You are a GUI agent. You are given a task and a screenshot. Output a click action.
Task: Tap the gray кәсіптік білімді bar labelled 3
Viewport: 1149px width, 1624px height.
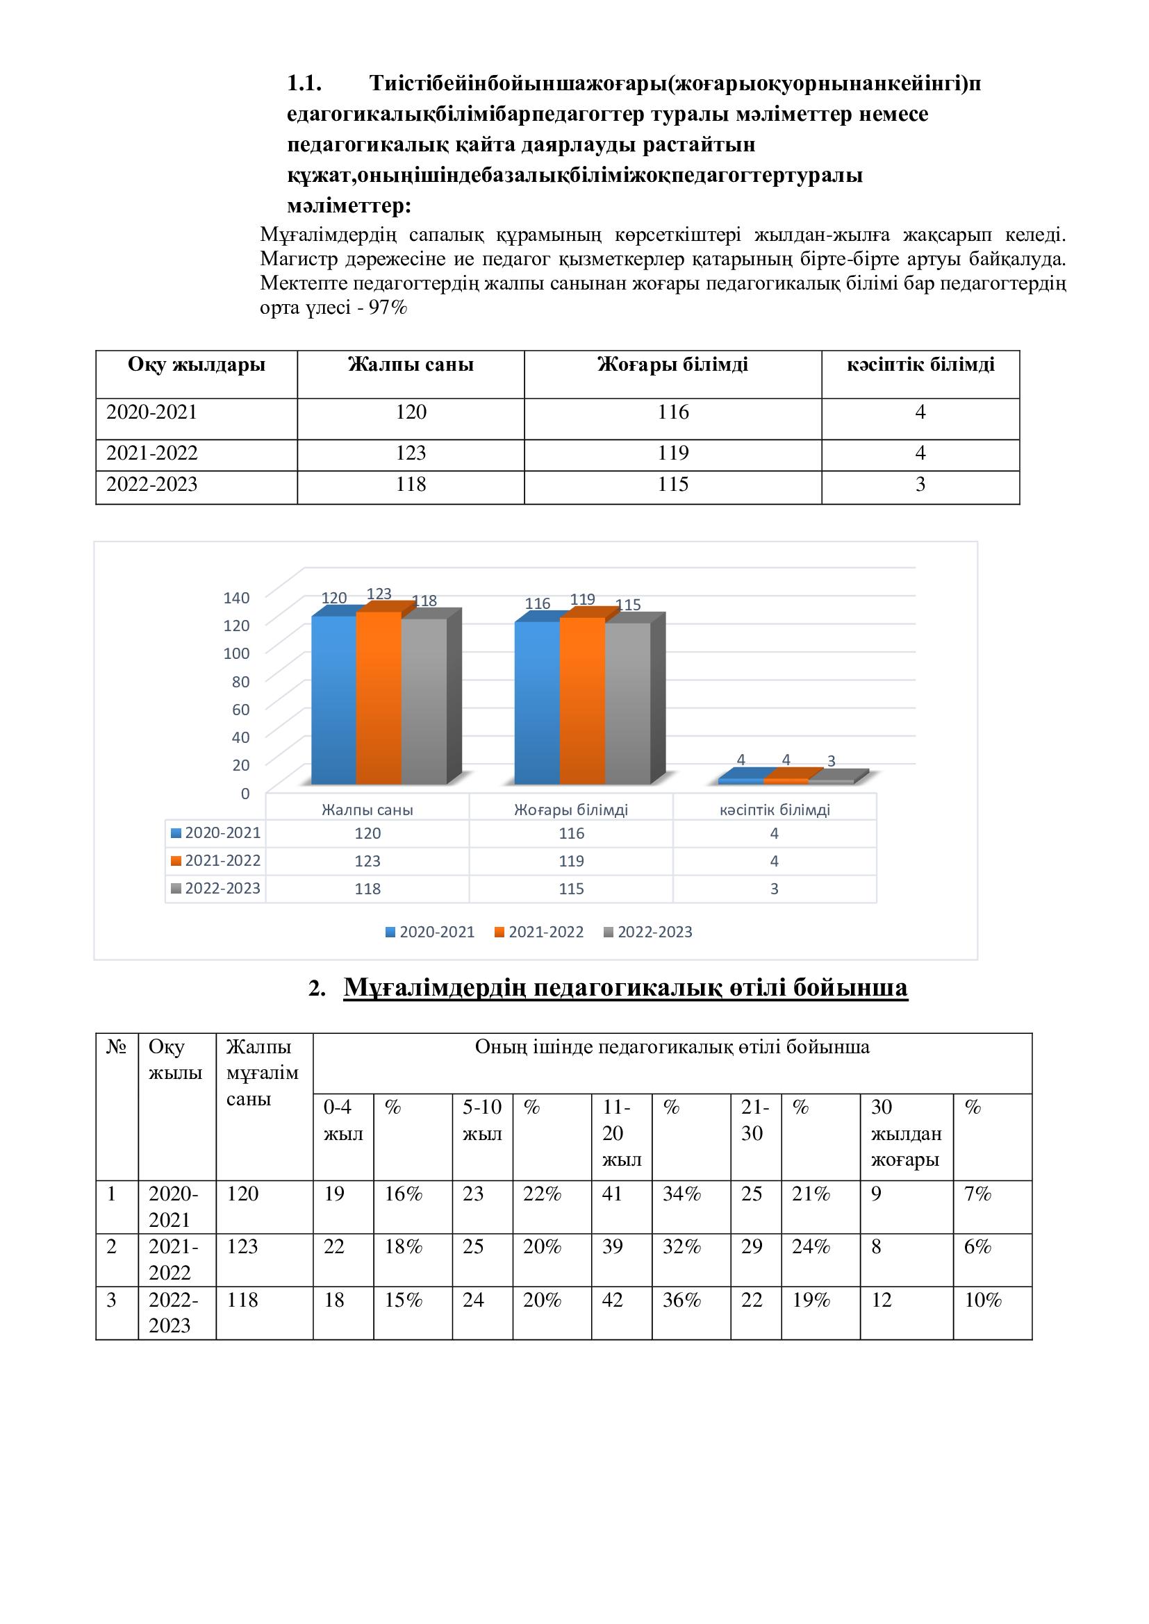point(832,781)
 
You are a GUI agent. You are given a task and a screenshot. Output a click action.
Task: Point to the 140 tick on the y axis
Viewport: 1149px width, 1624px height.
point(236,598)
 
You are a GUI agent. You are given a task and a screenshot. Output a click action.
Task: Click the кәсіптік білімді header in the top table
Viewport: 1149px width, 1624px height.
point(920,365)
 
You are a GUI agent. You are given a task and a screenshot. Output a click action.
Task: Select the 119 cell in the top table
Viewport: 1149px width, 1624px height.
point(672,453)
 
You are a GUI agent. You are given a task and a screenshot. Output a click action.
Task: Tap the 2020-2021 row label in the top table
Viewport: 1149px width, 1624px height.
point(152,412)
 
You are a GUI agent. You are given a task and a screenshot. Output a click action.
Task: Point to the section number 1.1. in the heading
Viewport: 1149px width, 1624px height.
point(304,83)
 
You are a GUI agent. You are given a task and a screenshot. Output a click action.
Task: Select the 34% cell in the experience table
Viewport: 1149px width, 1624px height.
point(681,1194)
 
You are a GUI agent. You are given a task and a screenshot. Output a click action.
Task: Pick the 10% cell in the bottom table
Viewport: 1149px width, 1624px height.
point(983,1300)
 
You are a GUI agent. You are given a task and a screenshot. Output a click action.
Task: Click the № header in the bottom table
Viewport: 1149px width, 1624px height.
point(116,1047)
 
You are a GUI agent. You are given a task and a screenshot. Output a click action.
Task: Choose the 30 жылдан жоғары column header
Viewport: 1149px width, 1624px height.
point(906,1133)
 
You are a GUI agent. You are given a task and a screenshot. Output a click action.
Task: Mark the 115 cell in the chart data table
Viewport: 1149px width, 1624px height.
point(571,889)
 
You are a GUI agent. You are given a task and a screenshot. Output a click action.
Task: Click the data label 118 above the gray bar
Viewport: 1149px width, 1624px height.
point(424,601)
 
